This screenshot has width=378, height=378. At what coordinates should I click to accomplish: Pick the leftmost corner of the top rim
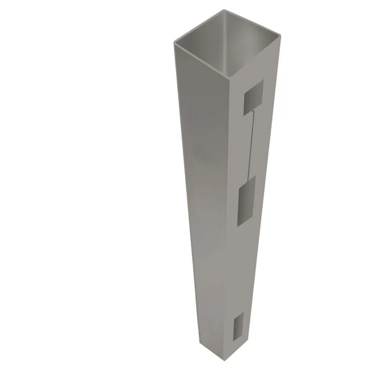[174, 43]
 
